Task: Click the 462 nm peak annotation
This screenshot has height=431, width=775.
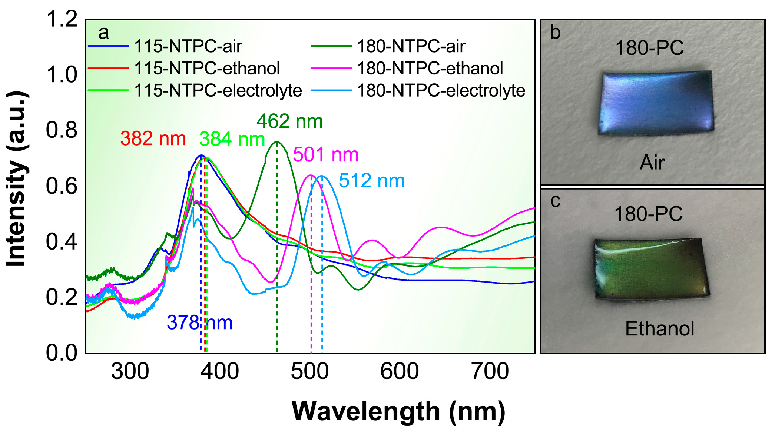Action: click(289, 121)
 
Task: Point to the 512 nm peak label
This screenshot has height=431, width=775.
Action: click(371, 181)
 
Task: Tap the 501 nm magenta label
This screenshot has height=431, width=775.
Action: click(325, 155)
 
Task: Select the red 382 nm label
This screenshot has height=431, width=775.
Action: click(153, 139)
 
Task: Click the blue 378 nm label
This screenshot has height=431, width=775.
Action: click(199, 323)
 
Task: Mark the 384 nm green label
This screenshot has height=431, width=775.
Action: click(232, 140)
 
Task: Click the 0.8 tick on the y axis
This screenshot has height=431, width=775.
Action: click(62, 130)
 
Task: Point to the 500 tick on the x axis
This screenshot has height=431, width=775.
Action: click(309, 371)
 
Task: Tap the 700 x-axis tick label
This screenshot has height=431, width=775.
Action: click(490, 371)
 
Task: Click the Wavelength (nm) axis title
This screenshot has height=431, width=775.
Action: click(398, 411)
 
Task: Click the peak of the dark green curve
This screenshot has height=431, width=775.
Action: click(276, 142)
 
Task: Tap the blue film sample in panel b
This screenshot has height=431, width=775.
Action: click(655, 103)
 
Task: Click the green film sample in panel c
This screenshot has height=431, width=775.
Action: click(651, 268)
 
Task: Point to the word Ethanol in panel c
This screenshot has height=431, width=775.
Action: click(659, 329)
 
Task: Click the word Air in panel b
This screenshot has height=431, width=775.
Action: click(652, 163)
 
